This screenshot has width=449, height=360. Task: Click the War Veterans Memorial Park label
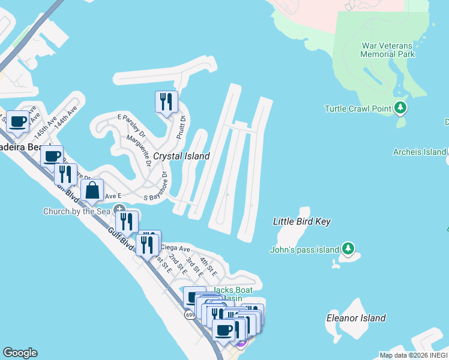pyautogui.click(x=387, y=50)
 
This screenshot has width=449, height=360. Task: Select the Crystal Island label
pyautogui.click(x=181, y=156)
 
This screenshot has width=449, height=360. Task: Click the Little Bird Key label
pyautogui.click(x=302, y=221)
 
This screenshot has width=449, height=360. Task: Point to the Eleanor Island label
pyautogui.click(x=355, y=317)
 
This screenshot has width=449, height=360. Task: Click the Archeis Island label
pyautogui.click(x=420, y=152)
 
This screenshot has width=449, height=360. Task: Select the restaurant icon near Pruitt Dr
pyautogui.click(x=166, y=101)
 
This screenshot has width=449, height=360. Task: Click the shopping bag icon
pyautogui.click(x=92, y=191)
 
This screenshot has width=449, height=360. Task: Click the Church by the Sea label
pyautogui.click(x=76, y=211)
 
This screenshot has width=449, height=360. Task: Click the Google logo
pyautogui.click(x=20, y=353)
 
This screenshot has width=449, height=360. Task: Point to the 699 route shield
pyautogui.click(x=190, y=314)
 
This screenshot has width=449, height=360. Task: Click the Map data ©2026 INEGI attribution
pyautogui.click(x=414, y=355)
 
